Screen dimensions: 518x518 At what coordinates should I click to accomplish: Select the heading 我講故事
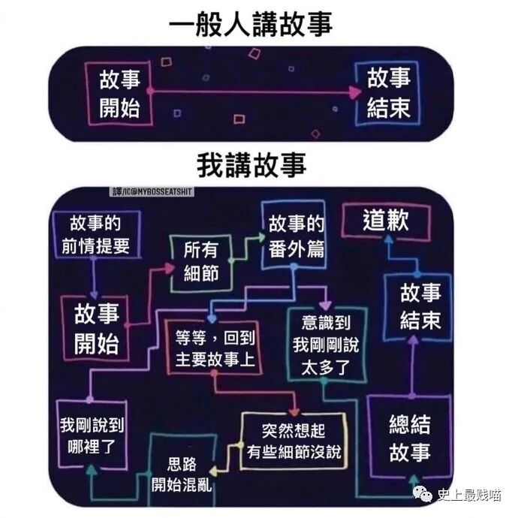251,164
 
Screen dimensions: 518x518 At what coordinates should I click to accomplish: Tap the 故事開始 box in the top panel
120,93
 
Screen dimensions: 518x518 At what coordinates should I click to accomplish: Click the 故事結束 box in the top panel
388,93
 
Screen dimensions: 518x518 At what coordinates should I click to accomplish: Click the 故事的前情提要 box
94,234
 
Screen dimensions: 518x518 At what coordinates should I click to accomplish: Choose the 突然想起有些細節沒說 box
292,441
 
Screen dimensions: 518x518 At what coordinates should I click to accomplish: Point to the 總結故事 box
409,438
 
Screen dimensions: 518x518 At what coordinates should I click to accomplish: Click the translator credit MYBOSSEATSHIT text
152,192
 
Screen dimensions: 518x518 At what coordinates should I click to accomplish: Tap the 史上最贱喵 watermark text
469,493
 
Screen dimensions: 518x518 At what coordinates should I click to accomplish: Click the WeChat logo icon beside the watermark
425,493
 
